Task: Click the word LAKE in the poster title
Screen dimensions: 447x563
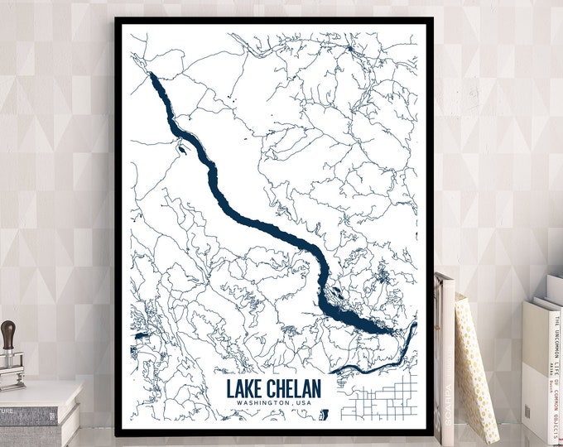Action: [245, 388]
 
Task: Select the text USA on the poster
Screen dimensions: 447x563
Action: [301, 403]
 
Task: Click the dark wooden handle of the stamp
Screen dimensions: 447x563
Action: [7, 336]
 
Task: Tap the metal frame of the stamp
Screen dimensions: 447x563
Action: [11, 368]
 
